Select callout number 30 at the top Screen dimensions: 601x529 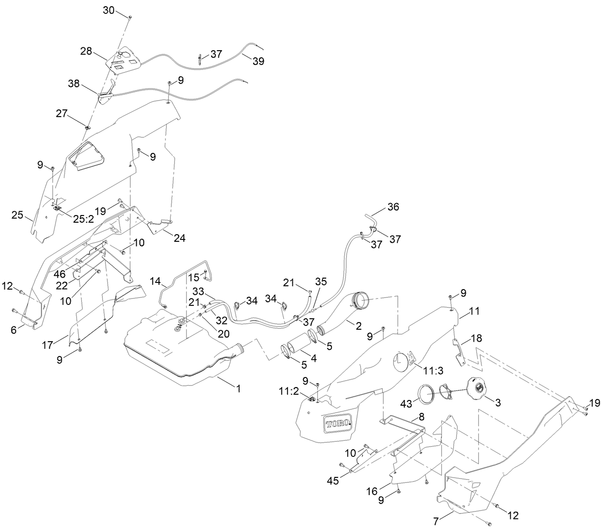(x=109, y=11)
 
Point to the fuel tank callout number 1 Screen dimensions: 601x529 (x=238, y=389)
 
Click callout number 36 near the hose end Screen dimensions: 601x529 (x=393, y=207)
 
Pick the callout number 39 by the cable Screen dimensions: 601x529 (x=258, y=62)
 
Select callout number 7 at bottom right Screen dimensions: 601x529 (x=435, y=519)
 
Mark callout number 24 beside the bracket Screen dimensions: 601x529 (x=180, y=238)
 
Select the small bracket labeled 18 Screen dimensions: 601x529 (x=460, y=352)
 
